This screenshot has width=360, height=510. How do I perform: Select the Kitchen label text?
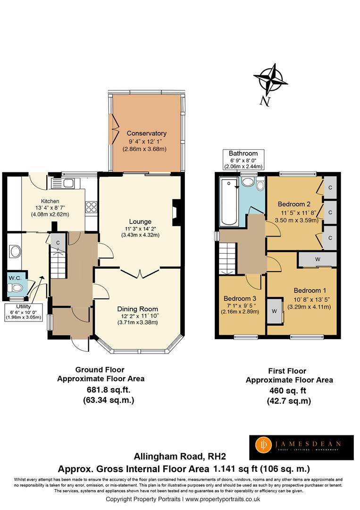coord(50,201)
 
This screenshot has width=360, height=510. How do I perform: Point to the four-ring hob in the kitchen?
coord(91,207)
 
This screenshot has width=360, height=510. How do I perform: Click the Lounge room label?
coord(140,221)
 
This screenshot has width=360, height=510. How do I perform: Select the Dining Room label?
coord(137,309)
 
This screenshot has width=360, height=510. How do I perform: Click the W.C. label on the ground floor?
coord(15,278)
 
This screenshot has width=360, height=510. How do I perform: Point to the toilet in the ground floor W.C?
coord(17,288)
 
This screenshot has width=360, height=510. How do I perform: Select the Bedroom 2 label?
coord(293,204)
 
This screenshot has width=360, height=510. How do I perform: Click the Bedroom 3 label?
coord(240,298)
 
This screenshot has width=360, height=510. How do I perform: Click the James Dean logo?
coord(301,447)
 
